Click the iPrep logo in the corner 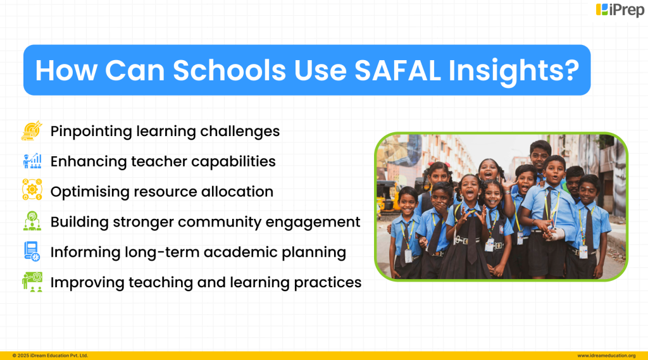pos(620,10)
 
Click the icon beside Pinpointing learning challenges pos(32,131)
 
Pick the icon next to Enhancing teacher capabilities pos(32,161)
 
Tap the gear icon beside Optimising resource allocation pos(32,191)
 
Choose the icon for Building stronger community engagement pos(32,221)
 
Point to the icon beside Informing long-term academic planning pos(32,252)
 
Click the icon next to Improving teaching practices pos(32,282)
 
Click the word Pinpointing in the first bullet pos(90,132)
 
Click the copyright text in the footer pos(50,356)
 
